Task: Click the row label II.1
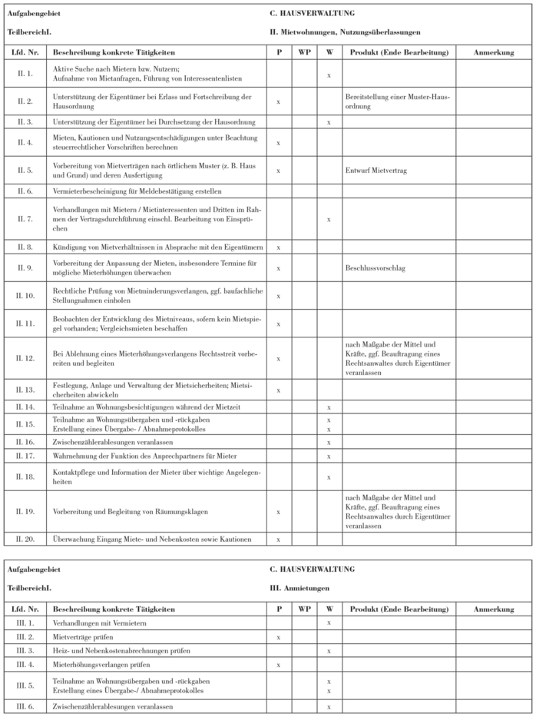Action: click(x=25, y=74)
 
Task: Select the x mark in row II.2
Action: click(x=277, y=101)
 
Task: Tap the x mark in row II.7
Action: click(x=328, y=219)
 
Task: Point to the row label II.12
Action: click(x=25, y=358)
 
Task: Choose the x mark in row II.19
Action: click(x=277, y=511)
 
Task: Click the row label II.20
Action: click(x=25, y=539)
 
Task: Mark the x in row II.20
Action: click(x=277, y=539)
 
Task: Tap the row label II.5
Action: click(x=25, y=171)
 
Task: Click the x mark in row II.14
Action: click(x=328, y=407)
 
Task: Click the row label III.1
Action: click(x=25, y=623)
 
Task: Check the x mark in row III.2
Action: click(x=277, y=637)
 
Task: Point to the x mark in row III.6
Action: click(x=328, y=706)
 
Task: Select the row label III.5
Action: click(x=25, y=685)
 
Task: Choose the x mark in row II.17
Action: click(x=328, y=456)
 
